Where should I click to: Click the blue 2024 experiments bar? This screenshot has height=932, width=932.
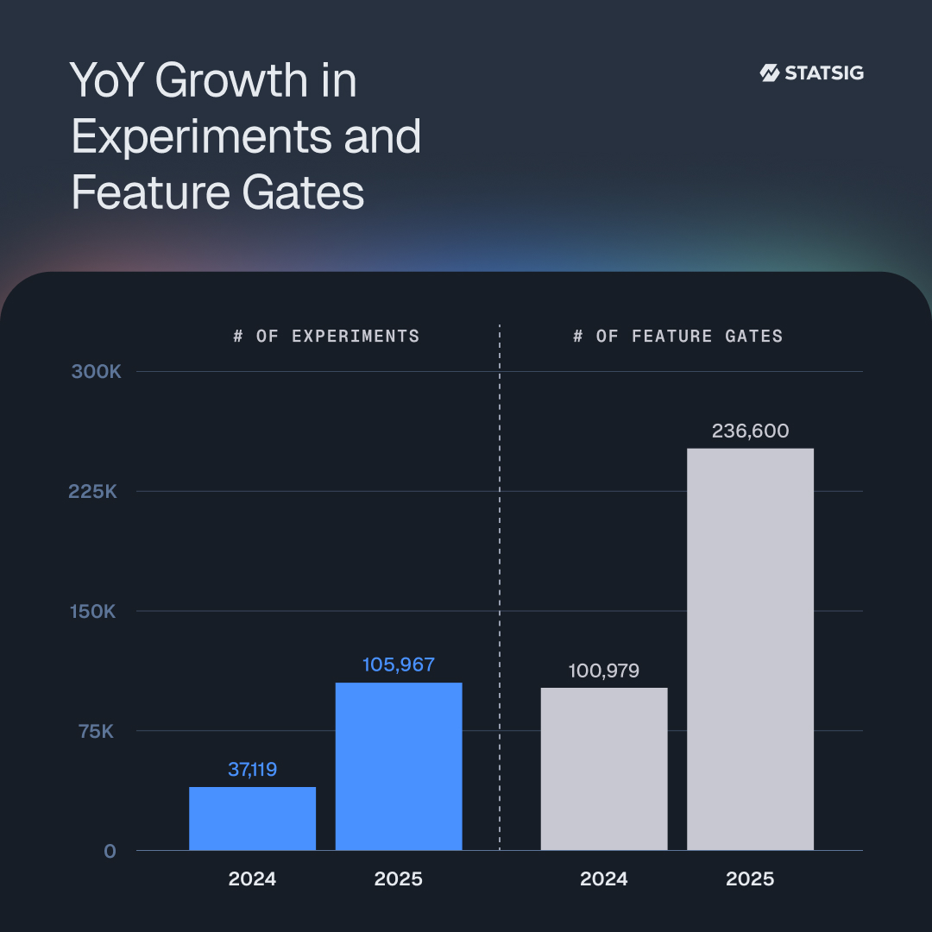click(252, 818)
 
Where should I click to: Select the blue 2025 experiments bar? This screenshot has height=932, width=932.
click(399, 766)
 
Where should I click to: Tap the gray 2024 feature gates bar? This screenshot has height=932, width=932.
click(604, 769)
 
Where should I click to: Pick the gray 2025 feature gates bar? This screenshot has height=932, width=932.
click(750, 649)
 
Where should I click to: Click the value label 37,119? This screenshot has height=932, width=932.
click(252, 769)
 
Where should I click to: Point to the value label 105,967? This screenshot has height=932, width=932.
click(399, 664)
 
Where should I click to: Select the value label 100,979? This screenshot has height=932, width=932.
click(604, 671)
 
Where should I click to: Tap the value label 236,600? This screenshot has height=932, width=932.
click(750, 431)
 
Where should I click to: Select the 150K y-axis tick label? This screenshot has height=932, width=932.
click(93, 612)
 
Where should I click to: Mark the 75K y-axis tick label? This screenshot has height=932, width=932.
click(96, 731)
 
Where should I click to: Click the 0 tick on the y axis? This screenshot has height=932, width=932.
click(110, 851)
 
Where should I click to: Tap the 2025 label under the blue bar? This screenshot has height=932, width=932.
click(399, 879)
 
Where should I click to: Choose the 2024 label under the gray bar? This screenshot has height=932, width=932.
click(604, 879)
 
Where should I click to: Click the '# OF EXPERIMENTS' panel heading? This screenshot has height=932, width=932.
click(326, 336)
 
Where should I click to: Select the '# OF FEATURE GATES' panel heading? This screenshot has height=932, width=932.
click(678, 336)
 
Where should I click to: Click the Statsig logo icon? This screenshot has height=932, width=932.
click(770, 72)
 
